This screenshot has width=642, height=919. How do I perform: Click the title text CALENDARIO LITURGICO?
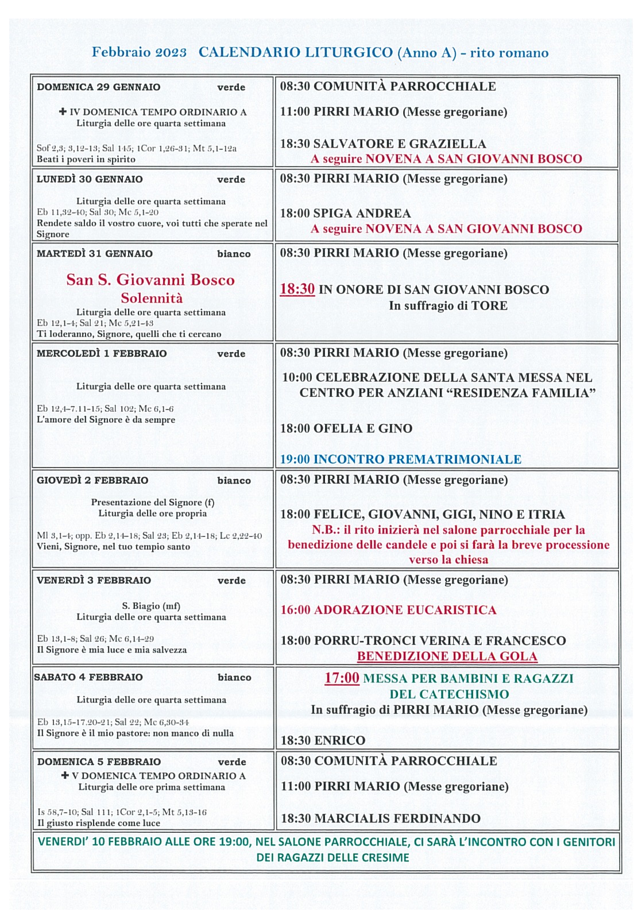click(x=295, y=53)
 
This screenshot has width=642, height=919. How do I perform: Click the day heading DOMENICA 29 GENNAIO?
click(x=98, y=87)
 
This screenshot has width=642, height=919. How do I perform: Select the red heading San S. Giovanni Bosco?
click(x=150, y=280)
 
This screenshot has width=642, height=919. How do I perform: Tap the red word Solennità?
click(x=152, y=298)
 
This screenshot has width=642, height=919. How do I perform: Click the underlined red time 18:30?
click(x=297, y=289)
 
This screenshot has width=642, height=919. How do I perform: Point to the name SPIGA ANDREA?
click(x=362, y=214)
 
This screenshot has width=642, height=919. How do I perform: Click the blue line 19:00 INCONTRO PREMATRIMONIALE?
click(x=400, y=459)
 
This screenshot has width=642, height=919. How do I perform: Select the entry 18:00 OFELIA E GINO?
click(x=346, y=428)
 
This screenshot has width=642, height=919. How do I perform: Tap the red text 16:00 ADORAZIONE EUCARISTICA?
click(x=388, y=610)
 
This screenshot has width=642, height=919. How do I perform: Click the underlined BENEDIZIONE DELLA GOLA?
click(x=447, y=657)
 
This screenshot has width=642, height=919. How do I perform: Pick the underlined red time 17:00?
click(x=342, y=678)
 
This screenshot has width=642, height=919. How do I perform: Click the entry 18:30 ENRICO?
click(x=323, y=740)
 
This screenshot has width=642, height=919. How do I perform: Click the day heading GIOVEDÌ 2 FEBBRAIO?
click(x=92, y=480)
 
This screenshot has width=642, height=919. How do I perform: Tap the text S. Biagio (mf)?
click(x=151, y=606)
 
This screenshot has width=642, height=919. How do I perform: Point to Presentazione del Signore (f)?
click(x=152, y=502)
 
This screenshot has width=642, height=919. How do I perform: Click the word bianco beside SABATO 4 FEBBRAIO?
click(x=234, y=678)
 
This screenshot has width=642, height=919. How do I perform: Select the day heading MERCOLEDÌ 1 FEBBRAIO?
click(x=102, y=354)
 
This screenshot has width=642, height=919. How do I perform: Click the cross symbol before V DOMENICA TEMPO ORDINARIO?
click(x=65, y=775)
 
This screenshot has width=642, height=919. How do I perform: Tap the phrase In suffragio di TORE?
click(x=448, y=306)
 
